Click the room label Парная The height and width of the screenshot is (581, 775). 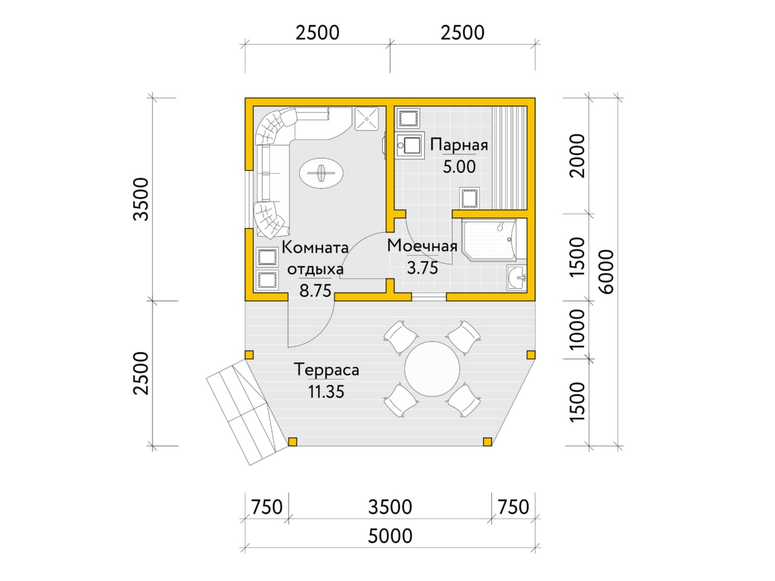[x=459, y=145]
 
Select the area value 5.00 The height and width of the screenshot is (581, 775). [x=459, y=167]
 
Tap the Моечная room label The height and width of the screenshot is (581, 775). [x=422, y=245]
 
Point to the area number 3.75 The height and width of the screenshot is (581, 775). [x=422, y=268]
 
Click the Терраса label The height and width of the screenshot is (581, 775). [x=326, y=370]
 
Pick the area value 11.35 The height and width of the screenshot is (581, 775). [x=326, y=392]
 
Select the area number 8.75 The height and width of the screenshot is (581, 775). [x=315, y=290]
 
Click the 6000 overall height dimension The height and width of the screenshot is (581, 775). [x=607, y=271]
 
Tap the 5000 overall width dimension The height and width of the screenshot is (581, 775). [x=390, y=536]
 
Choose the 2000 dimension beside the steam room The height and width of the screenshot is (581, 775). [x=577, y=156]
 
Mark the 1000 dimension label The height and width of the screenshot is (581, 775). [x=577, y=329]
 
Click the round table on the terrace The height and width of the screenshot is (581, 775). [x=432, y=369]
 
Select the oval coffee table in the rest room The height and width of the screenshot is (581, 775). [x=321, y=173]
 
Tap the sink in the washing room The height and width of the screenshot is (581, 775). [x=516, y=278]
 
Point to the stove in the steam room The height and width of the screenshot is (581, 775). [x=409, y=145]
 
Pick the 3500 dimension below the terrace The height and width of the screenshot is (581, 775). [x=390, y=507]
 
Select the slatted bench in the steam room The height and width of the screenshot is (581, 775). [x=510, y=158]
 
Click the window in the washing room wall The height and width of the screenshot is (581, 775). [x=429, y=297]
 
